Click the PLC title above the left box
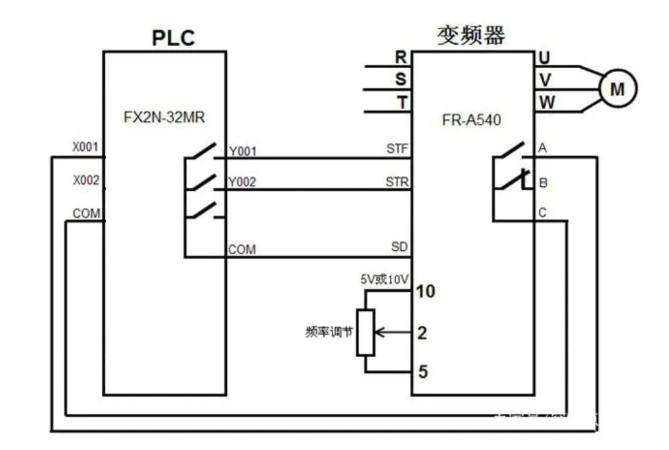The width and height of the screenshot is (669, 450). click(x=173, y=37)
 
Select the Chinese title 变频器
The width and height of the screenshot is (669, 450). click(x=471, y=35)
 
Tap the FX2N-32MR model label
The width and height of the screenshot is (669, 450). click(x=164, y=118)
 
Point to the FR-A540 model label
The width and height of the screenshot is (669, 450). click(x=471, y=121)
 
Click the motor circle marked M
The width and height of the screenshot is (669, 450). click(x=618, y=88)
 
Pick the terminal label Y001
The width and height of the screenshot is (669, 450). click(x=242, y=152)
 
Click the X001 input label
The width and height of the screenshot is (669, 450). click(x=85, y=147)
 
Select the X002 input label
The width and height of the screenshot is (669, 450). click(x=85, y=180)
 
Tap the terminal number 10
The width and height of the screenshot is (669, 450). click(x=425, y=291)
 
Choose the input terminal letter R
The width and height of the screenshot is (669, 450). click(x=401, y=58)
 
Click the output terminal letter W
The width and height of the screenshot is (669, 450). click(x=545, y=103)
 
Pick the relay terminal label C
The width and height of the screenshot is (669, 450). click(x=542, y=214)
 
